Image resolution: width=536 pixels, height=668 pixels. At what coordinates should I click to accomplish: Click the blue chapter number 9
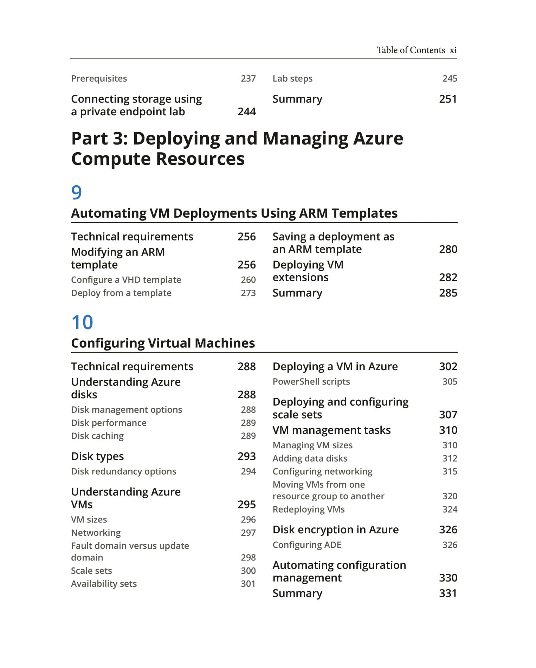(x=76, y=192)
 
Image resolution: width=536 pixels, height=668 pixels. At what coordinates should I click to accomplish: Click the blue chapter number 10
(x=82, y=322)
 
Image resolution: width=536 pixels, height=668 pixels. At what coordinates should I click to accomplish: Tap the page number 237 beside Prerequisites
(x=248, y=78)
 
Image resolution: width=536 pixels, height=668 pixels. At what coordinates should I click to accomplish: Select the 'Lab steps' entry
(x=292, y=78)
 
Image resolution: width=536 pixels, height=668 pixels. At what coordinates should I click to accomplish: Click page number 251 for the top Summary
(x=448, y=99)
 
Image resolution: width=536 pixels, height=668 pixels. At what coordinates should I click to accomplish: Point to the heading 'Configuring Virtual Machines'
(x=163, y=343)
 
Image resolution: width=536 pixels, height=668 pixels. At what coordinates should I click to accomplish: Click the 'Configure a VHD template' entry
(x=126, y=280)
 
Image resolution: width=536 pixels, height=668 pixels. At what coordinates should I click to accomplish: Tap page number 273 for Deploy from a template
(x=248, y=293)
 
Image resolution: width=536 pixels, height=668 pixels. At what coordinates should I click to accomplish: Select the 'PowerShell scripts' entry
(x=311, y=381)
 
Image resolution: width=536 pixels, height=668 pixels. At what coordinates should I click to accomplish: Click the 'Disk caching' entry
(x=97, y=436)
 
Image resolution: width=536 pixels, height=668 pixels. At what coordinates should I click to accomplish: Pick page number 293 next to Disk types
(x=246, y=456)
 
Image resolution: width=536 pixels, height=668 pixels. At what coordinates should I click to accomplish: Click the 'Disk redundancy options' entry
(x=123, y=471)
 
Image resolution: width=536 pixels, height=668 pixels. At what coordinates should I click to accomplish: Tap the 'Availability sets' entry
(x=104, y=584)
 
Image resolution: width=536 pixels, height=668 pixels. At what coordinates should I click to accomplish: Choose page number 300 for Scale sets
(x=248, y=571)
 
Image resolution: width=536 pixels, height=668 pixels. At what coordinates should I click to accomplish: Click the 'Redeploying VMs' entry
(x=309, y=509)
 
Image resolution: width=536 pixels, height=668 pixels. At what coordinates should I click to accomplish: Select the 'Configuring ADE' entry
(x=307, y=545)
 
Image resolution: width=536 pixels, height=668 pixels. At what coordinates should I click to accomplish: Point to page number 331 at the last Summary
(x=448, y=593)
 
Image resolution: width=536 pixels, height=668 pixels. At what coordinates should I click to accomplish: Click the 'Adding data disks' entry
(x=310, y=458)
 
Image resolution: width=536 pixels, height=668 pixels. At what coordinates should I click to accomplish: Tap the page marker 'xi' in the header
(x=453, y=50)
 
